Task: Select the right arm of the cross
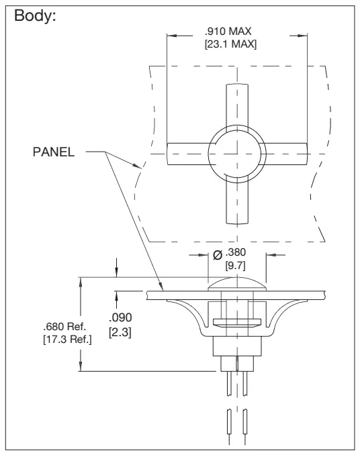[285, 152]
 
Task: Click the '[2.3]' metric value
[122, 332]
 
